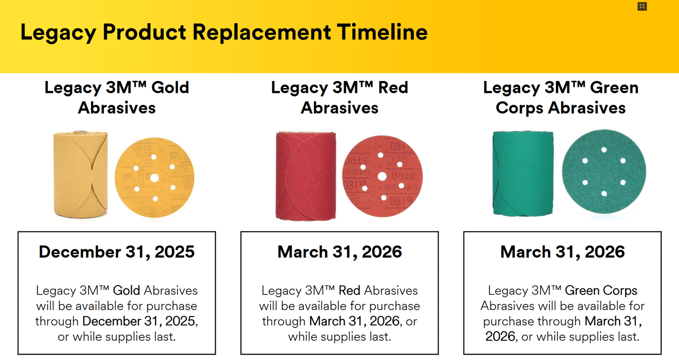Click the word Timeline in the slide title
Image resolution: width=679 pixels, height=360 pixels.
(382, 32)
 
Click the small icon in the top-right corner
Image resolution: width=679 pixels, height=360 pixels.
(642, 7)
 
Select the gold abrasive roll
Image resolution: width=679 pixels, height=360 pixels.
(80, 174)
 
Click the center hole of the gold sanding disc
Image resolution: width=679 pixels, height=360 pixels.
(155, 178)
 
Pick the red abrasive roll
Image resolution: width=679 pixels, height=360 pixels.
(306, 175)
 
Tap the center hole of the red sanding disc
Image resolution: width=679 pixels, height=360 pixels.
(382, 176)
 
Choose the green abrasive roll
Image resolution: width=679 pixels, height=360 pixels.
(523, 173)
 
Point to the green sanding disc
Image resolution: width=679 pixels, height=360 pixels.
(604, 172)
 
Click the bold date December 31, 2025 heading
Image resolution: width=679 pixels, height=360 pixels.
(117, 252)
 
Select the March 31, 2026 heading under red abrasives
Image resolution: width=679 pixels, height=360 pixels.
(339, 252)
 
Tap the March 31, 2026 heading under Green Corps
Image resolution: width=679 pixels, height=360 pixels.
(563, 252)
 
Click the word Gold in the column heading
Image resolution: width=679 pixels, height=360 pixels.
(170, 88)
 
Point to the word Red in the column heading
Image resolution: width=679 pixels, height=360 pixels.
(393, 88)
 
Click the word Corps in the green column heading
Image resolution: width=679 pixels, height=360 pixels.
(520, 108)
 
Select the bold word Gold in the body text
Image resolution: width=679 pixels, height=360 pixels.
(126, 291)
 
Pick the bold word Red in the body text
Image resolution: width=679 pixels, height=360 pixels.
(349, 291)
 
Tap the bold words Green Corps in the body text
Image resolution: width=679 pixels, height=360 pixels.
(601, 291)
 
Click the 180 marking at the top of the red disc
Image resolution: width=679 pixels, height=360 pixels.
(397, 147)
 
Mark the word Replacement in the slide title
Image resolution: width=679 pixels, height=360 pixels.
(262, 33)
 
